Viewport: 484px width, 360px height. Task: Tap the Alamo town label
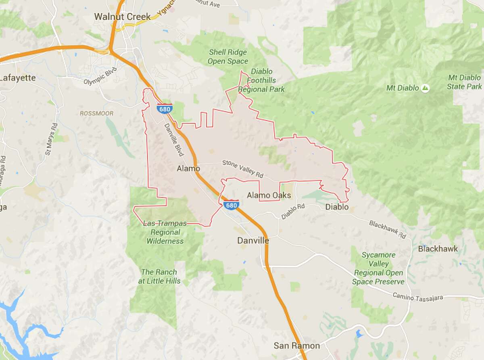point(188,169)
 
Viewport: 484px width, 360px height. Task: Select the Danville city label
point(253,241)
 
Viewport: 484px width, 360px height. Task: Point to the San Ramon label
point(296,345)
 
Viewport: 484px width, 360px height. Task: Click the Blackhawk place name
point(438,249)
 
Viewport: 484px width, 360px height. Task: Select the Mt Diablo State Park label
point(464,82)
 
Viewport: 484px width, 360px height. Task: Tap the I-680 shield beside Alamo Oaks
point(229,205)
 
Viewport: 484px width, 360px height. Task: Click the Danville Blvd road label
point(174,139)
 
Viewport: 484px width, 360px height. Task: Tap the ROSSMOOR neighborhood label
point(97,114)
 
